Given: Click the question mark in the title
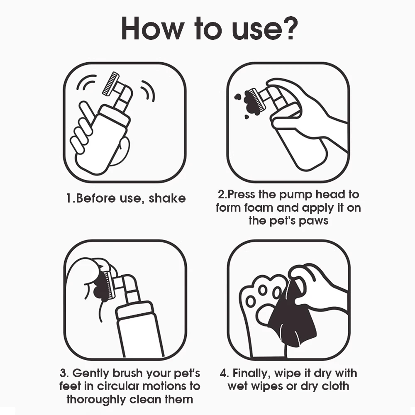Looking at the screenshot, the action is pyautogui.click(x=290, y=28).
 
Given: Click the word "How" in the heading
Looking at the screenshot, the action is pyautogui.click(x=153, y=29).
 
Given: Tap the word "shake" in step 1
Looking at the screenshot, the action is pyautogui.click(x=167, y=198).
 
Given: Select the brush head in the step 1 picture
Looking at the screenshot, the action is pyautogui.click(x=111, y=83).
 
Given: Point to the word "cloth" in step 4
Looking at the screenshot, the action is pyautogui.click(x=335, y=386).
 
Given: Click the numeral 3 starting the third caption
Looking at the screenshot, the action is pyautogui.click(x=63, y=373).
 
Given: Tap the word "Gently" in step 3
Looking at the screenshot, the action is pyautogui.click(x=91, y=374).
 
